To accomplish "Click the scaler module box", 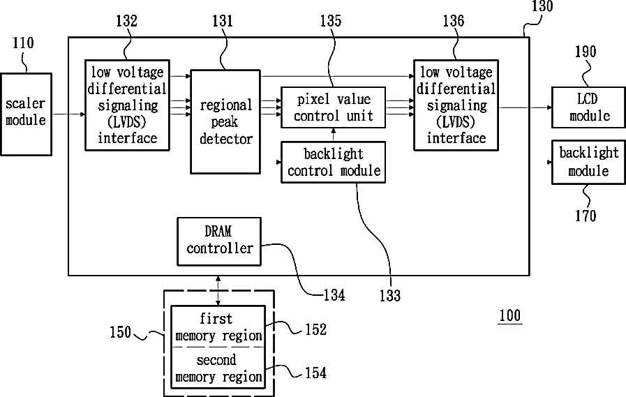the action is point(26,114).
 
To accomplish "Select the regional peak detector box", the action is point(225,121).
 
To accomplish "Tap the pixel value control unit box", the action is point(334,107).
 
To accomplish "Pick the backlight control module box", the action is point(334,162).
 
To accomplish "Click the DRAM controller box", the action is point(219,241).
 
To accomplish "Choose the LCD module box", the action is point(588,107).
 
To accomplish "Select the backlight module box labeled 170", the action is point(588,162).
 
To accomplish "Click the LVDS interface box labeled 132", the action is point(127,105).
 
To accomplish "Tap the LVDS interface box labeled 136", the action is point(456,105).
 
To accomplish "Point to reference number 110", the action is point(23,43).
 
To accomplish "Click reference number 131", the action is point(223,21).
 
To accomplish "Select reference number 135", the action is point(331,21).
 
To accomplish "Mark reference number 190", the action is point(586,52).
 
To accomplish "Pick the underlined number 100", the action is point(510,315).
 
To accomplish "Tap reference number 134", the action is point(334,295).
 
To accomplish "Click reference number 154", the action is point(316,373).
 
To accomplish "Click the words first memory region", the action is point(218,327).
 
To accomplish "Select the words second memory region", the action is point(218,368).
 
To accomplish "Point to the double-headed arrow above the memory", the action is point(218,290).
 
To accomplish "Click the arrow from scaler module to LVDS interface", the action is point(68,114).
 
